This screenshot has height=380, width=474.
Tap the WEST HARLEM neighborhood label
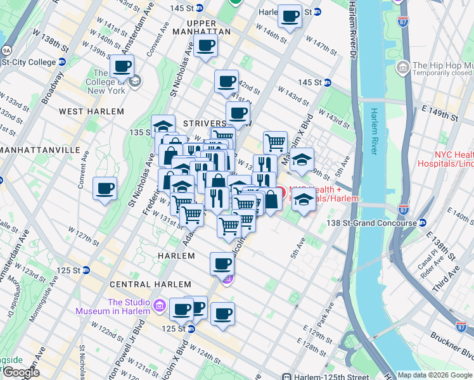point(91,111)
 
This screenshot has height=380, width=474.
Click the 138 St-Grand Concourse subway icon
point(422,223)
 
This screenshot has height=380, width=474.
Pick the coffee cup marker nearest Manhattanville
point(105,188)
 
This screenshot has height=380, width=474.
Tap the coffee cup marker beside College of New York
point(122,66)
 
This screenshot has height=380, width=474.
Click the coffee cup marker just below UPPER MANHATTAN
point(206,46)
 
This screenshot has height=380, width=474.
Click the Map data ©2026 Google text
point(434,375)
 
